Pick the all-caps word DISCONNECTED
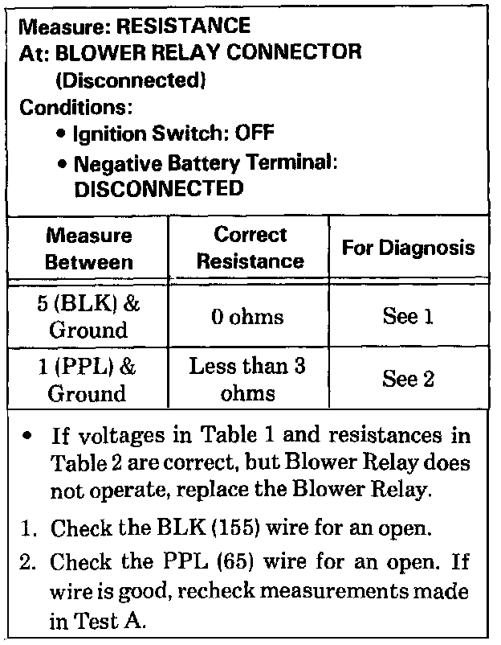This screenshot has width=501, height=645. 157,189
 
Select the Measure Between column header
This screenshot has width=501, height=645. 88,249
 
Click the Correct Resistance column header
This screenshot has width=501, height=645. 250,249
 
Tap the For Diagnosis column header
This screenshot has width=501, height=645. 408,249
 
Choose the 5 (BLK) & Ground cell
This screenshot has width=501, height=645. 88,318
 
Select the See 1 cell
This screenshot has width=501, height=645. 408,318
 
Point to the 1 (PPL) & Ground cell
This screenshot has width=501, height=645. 88,380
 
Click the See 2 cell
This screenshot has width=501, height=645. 408,380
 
